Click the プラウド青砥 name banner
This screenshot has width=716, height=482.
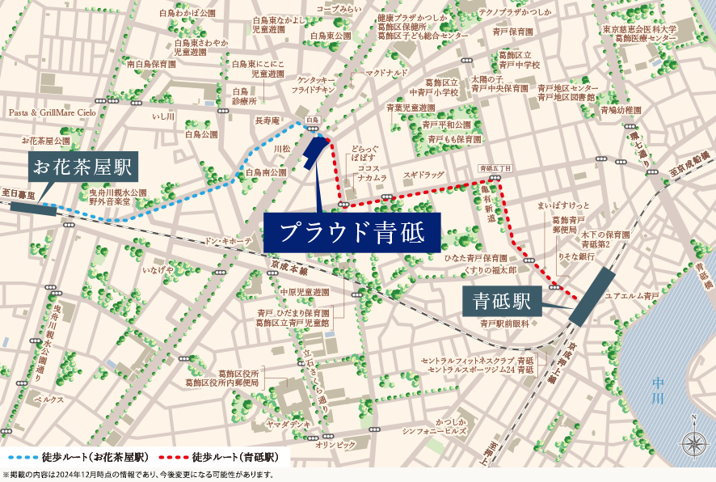tap(352, 233)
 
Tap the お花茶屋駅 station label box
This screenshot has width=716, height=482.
tap(82, 169)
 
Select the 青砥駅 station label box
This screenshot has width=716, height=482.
tap(501, 302)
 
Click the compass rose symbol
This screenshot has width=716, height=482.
tap(693, 442)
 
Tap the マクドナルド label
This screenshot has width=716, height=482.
tap(386, 73)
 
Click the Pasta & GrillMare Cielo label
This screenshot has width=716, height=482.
tap(53, 113)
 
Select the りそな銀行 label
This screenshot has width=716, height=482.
tap(576, 256)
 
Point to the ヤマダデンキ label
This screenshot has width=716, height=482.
tap(289, 424)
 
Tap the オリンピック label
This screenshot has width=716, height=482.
tap(335, 445)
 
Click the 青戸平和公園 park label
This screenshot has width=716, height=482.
tap(446, 125)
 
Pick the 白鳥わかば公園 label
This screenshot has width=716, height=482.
tap(187, 14)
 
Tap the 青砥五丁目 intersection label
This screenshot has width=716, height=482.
tap(495, 167)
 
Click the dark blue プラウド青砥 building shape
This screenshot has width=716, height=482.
tap(314, 151)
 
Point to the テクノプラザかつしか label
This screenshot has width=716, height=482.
tap(514, 12)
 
